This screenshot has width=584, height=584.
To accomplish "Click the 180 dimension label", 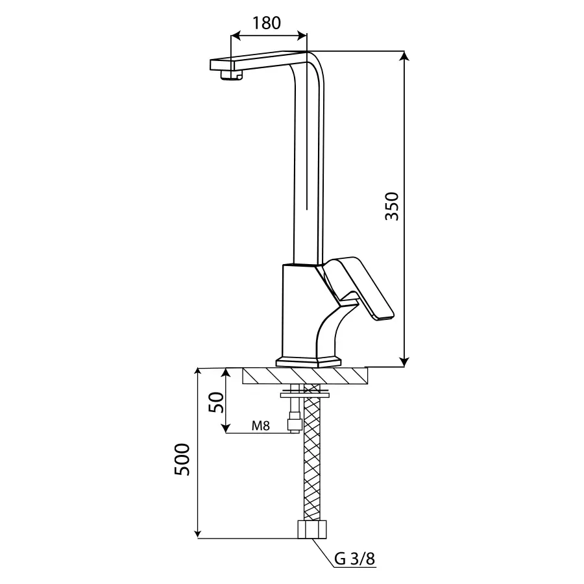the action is click(x=267, y=23).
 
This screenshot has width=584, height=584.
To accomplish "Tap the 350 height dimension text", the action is click(x=392, y=206).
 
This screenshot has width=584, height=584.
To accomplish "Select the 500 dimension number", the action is click(x=182, y=459).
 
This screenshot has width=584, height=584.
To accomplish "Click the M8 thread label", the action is click(x=260, y=425).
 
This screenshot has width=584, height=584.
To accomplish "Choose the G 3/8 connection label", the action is click(x=354, y=559).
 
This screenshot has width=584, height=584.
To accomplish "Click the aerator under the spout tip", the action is click(x=231, y=75).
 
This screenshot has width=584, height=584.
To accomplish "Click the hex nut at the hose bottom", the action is click(x=313, y=529).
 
